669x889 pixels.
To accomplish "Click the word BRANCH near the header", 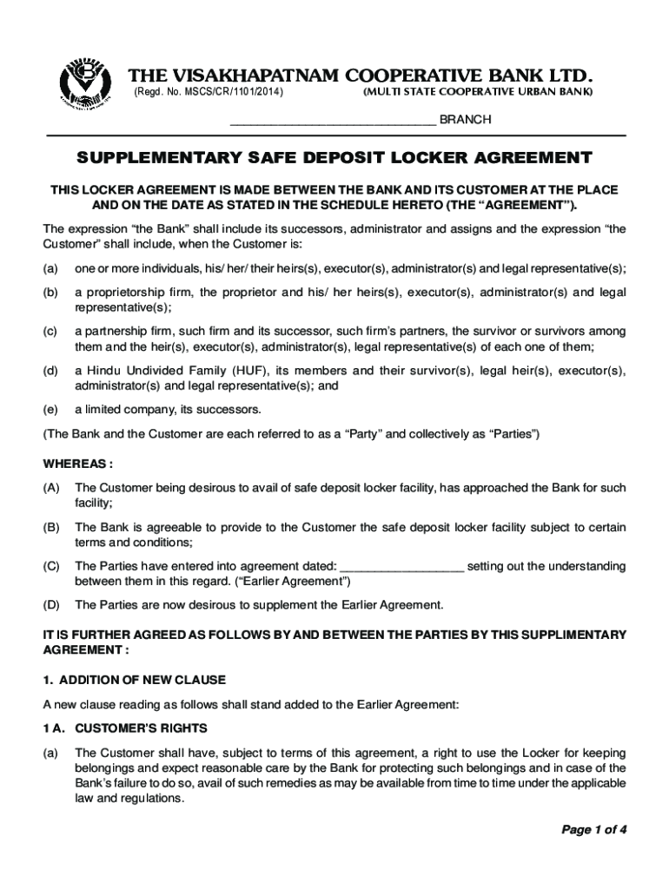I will click(466, 120).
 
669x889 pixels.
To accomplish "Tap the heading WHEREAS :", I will click(79, 464).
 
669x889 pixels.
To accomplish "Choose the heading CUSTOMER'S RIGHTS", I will click(141, 728).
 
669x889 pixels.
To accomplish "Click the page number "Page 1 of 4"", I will click(593, 829).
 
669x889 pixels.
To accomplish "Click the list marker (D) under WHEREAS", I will click(52, 604).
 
